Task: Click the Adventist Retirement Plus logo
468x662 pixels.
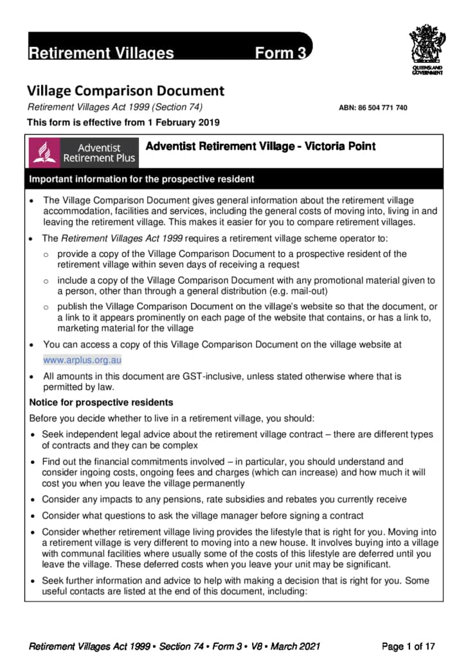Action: pos(84,152)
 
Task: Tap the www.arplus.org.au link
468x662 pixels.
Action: pos(82,360)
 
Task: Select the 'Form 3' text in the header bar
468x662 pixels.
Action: pos(280,53)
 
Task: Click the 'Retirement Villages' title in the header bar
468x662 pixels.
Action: pos(100,53)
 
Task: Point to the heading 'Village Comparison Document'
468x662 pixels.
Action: pos(125,91)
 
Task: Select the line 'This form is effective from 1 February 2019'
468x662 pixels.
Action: pos(123,122)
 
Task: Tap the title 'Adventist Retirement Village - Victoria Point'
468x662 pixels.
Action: pos(260,147)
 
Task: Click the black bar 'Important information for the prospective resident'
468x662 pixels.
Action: pos(141,179)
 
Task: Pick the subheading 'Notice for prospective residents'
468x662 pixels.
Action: pos(101,403)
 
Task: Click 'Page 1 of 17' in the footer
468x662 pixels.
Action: pos(409,646)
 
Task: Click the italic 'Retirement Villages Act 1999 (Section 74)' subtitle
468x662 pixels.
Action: pos(118,107)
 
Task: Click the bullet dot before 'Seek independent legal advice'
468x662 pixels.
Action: pos(33,435)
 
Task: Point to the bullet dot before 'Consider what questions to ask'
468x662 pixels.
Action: pos(33,516)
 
